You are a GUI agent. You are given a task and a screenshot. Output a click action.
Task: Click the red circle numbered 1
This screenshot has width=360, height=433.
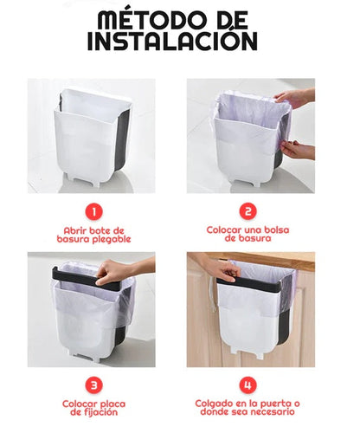click(93, 212)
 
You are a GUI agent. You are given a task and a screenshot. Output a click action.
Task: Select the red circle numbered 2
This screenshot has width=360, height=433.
click(247, 212)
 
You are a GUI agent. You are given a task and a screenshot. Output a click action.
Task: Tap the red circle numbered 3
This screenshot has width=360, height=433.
click(93, 385)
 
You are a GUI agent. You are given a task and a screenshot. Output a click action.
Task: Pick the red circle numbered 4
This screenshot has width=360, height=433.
click(247, 385)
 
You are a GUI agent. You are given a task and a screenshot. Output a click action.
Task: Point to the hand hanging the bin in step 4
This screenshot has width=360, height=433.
click(219, 267)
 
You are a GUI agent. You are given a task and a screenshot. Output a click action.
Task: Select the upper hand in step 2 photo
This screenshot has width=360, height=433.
click(294, 97)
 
